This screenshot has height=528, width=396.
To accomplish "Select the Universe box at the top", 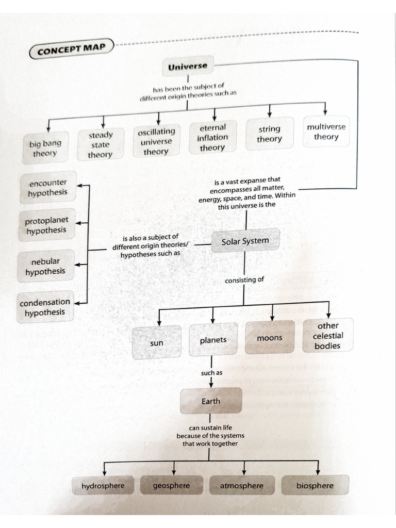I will click(188, 67).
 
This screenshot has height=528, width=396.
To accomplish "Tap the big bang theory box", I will click(45, 148).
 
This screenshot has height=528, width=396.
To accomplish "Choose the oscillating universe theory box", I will click(156, 141).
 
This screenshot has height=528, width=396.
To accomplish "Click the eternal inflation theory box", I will click(212, 138).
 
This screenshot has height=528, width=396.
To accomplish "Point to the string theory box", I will click(269, 134).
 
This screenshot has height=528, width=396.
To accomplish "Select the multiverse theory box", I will click(326, 131).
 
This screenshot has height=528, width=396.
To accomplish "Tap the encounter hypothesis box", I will click(47, 188).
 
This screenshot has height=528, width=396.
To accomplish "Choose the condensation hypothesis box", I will click(45, 307).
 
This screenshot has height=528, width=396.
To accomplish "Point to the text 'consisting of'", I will click(244, 280).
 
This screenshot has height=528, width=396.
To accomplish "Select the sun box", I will click(157, 343).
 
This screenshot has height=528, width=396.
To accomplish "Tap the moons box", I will click(270, 338).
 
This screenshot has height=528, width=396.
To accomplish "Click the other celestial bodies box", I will click(328, 336).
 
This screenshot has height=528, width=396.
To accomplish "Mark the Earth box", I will click(210, 401).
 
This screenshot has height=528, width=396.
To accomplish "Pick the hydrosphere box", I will click(103, 486).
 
